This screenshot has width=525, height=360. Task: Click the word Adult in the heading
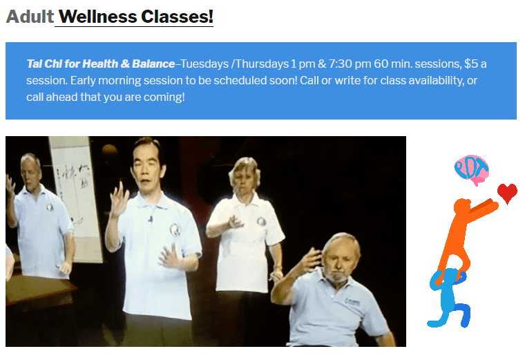[x=30, y=16]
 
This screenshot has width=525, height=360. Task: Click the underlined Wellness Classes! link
[x=135, y=16]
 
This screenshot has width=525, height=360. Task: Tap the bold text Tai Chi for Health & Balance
[x=100, y=64]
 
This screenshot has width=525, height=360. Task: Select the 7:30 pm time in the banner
[x=351, y=64]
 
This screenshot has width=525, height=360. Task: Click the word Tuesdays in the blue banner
[x=205, y=64]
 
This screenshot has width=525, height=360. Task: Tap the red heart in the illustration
[x=507, y=193]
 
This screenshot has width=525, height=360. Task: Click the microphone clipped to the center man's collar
[x=150, y=220]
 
